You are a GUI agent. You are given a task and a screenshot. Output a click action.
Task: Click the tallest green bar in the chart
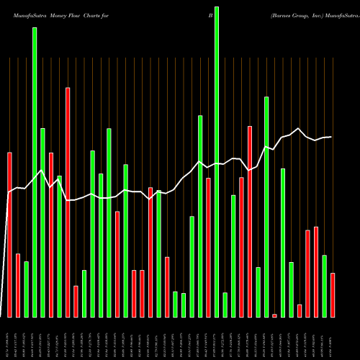(217, 162)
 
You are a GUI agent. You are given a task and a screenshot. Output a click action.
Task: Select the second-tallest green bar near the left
(35, 173)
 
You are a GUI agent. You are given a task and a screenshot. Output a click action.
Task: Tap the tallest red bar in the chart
(68, 202)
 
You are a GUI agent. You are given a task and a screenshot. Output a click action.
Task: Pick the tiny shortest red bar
(274, 315)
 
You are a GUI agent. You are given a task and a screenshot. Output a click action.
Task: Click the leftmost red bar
(9, 235)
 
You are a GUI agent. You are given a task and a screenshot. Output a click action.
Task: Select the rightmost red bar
(333, 295)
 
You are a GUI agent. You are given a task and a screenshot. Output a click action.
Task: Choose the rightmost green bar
(324, 286)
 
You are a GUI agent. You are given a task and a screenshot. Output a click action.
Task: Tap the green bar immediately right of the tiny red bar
(283, 243)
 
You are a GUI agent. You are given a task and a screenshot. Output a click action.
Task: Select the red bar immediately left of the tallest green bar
(208, 248)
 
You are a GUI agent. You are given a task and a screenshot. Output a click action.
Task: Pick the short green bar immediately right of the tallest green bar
(225, 305)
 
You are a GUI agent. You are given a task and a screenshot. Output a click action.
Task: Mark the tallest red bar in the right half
(250, 221)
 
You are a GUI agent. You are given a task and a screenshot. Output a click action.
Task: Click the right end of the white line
(331, 137)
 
